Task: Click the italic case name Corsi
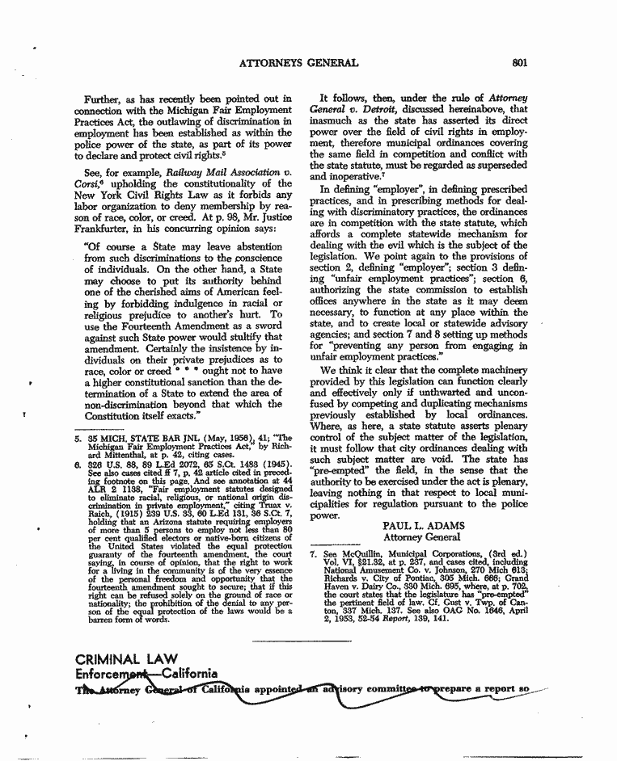tap(87, 187)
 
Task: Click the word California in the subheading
tap(189, 673)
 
